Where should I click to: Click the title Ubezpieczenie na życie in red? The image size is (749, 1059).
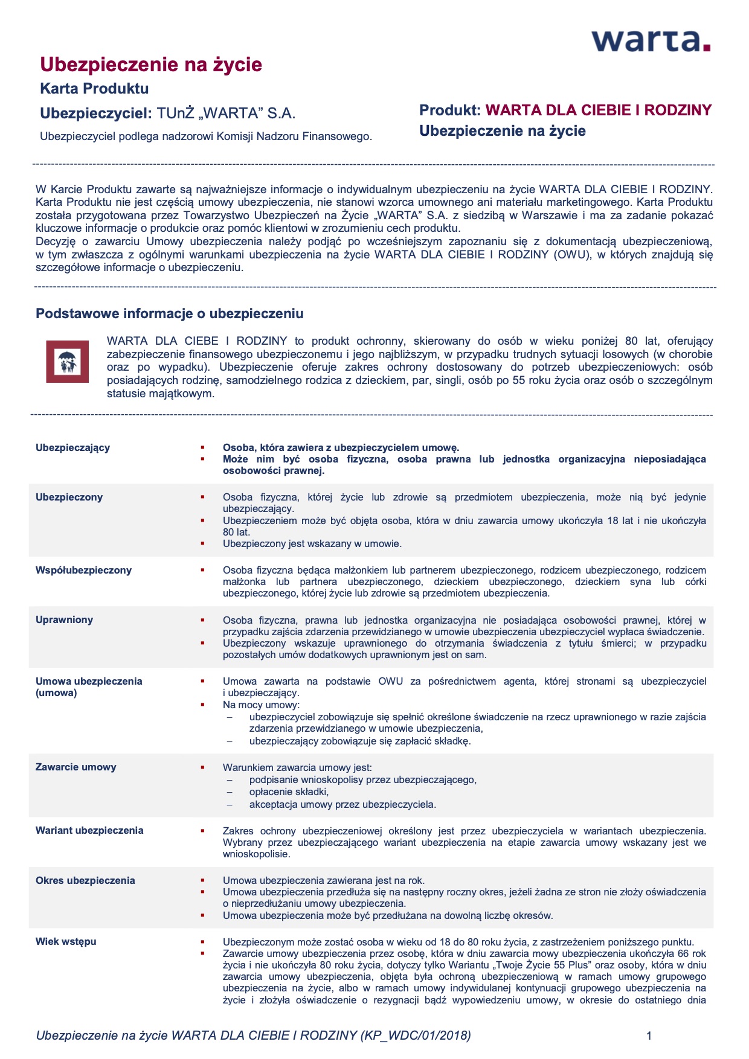(x=151, y=65)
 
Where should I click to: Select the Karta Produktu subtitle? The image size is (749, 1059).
(x=94, y=89)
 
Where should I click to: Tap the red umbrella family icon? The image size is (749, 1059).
(x=67, y=362)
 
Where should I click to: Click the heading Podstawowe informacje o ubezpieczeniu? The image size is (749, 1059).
(x=170, y=313)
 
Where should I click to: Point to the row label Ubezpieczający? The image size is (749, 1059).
(x=72, y=447)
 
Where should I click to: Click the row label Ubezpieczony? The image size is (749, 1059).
(x=69, y=497)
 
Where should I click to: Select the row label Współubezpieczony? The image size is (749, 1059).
(x=83, y=570)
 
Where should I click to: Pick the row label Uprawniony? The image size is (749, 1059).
(x=64, y=619)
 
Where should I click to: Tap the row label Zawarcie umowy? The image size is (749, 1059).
(x=76, y=767)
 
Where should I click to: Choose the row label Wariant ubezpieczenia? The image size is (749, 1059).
(x=89, y=830)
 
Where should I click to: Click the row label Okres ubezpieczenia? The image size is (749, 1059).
(x=85, y=880)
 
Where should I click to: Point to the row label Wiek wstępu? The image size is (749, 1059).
(x=66, y=941)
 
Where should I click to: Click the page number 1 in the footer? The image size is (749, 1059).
(x=649, y=1036)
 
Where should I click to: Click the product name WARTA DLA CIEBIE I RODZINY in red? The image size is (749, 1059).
(x=598, y=110)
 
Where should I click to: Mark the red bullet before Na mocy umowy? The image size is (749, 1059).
(x=203, y=705)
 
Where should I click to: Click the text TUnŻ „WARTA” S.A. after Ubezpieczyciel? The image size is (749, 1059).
(x=226, y=114)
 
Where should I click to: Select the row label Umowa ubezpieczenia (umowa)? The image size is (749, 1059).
(x=89, y=686)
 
